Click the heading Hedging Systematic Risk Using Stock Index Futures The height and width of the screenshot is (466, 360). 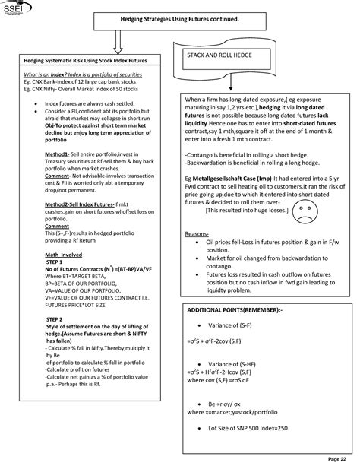[84, 59]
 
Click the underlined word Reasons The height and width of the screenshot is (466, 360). [197, 233]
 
